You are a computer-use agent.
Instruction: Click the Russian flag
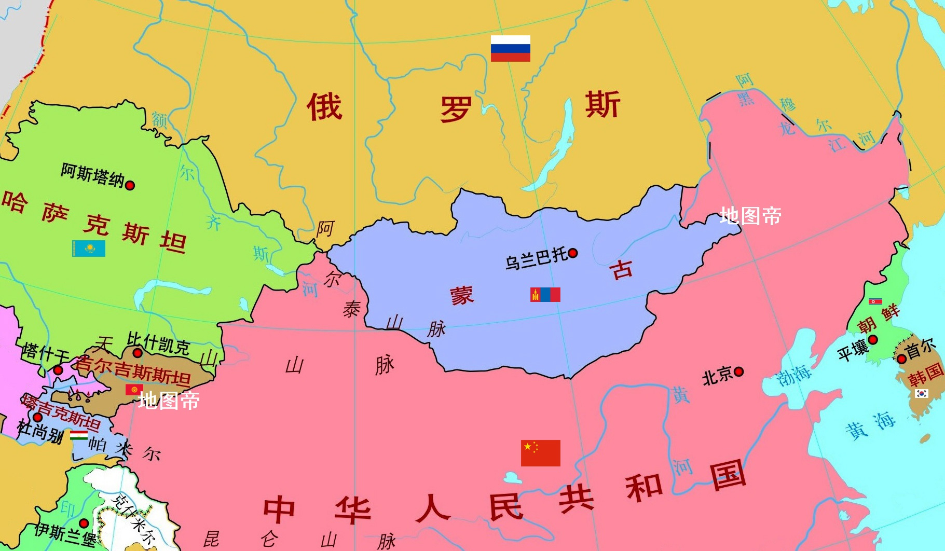[x=511, y=48]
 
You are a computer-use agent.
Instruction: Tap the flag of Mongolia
[x=545, y=295]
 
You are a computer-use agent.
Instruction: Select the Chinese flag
[x=540, y=453]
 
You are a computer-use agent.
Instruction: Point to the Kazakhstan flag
[x=89, y=249]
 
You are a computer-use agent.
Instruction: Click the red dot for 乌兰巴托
[x=573, y=253]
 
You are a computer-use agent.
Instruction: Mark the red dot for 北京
[x=738, y=371]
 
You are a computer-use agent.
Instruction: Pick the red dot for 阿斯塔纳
[x=130, y=185]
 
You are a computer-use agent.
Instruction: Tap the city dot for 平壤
[x=873, y=340]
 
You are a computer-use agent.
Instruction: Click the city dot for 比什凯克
[x=137, y=353]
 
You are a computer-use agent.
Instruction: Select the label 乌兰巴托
[x=536, y=258]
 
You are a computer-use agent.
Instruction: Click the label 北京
[x=717, y=376]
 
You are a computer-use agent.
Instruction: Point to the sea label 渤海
[x=794, y=375]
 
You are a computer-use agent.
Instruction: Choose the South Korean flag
[x=921, y=393]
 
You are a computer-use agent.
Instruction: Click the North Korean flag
[x=875, y=301]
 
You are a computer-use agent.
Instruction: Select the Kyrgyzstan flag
[x=134, y=389]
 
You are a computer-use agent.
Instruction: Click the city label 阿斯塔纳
[x=92, y=175]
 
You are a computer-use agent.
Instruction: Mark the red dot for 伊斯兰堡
[x=84, y=523]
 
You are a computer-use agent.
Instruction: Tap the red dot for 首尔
[x=901, y=359]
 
